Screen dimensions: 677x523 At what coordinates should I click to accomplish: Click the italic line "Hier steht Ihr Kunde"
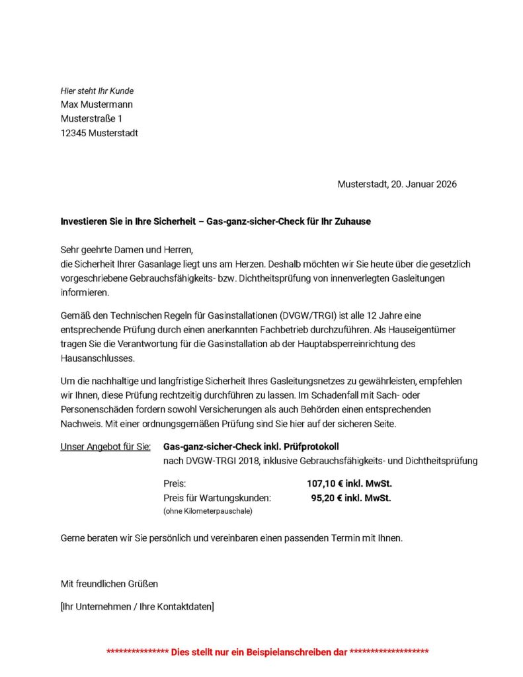(x=97, y=91)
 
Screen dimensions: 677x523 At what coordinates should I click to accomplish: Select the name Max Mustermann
(x=97, y=104)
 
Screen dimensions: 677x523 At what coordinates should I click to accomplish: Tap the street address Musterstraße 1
(x=91, y=119)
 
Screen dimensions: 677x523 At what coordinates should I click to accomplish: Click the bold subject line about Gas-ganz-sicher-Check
(x=216, y=221)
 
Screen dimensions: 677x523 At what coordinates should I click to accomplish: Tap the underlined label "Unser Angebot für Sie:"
(x=105, y=446)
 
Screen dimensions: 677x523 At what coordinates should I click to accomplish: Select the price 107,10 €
(x=321, y=484)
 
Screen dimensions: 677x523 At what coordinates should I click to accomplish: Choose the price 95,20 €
(x=324, y=498)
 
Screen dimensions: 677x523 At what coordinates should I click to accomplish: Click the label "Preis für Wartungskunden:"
(x=217, y=498)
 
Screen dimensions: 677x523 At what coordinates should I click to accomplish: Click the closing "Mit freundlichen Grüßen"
(x=109, y=584)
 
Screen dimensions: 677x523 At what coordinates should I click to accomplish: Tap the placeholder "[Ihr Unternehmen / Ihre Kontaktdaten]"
(x=137, y=606)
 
